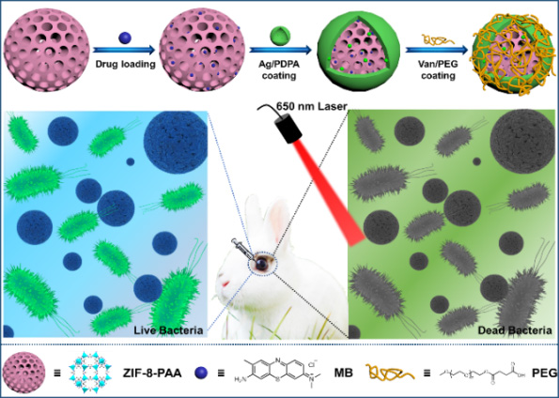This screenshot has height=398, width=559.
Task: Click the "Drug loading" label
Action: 125,65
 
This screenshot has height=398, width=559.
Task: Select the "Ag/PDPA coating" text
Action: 279,70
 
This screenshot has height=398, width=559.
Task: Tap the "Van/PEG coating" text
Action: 438,70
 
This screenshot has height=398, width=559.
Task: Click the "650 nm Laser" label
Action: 312,106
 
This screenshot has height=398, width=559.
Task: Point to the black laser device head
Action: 287,129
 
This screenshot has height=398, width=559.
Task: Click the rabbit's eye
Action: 262,264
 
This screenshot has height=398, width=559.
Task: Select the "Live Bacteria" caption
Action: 168,330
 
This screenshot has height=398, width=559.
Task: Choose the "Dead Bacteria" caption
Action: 515,330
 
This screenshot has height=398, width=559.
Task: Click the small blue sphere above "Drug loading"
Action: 125,38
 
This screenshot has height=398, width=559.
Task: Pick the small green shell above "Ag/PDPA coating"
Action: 280,36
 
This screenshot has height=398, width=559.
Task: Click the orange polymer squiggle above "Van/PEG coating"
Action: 439,39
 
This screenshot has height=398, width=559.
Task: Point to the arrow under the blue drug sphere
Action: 123,51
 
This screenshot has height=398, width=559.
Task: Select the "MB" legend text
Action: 344,373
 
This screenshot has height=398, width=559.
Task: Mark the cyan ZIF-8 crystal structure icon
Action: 89,374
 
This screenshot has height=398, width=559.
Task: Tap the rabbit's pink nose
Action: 225,284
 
